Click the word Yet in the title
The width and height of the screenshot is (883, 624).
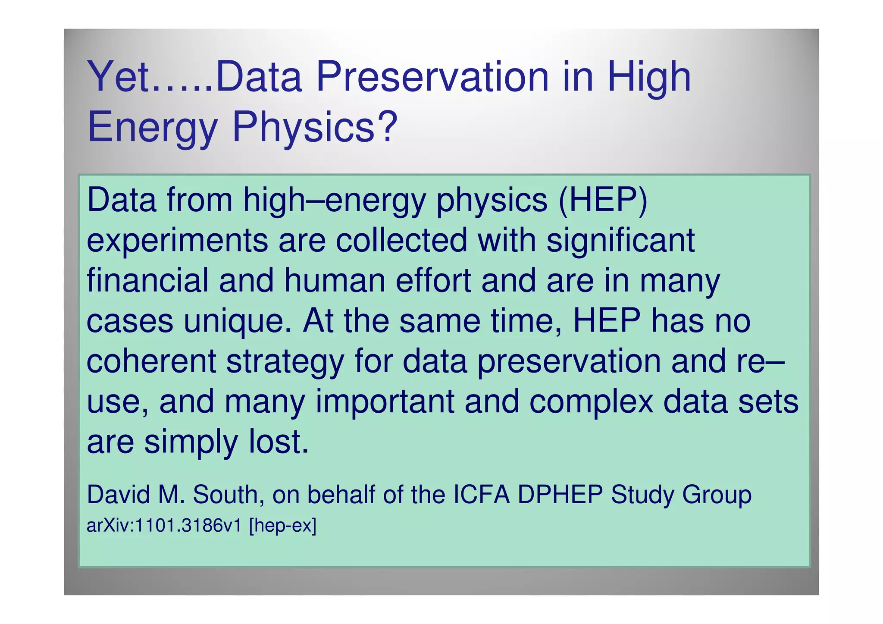click(119, 78)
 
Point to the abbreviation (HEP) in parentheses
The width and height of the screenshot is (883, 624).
click(602, 201)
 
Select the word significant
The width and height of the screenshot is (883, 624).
click(620, 241)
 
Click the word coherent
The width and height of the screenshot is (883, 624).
click(151, 361)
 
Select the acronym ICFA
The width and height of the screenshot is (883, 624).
click(482, 495)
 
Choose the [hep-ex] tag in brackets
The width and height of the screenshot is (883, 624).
click(283, 527)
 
